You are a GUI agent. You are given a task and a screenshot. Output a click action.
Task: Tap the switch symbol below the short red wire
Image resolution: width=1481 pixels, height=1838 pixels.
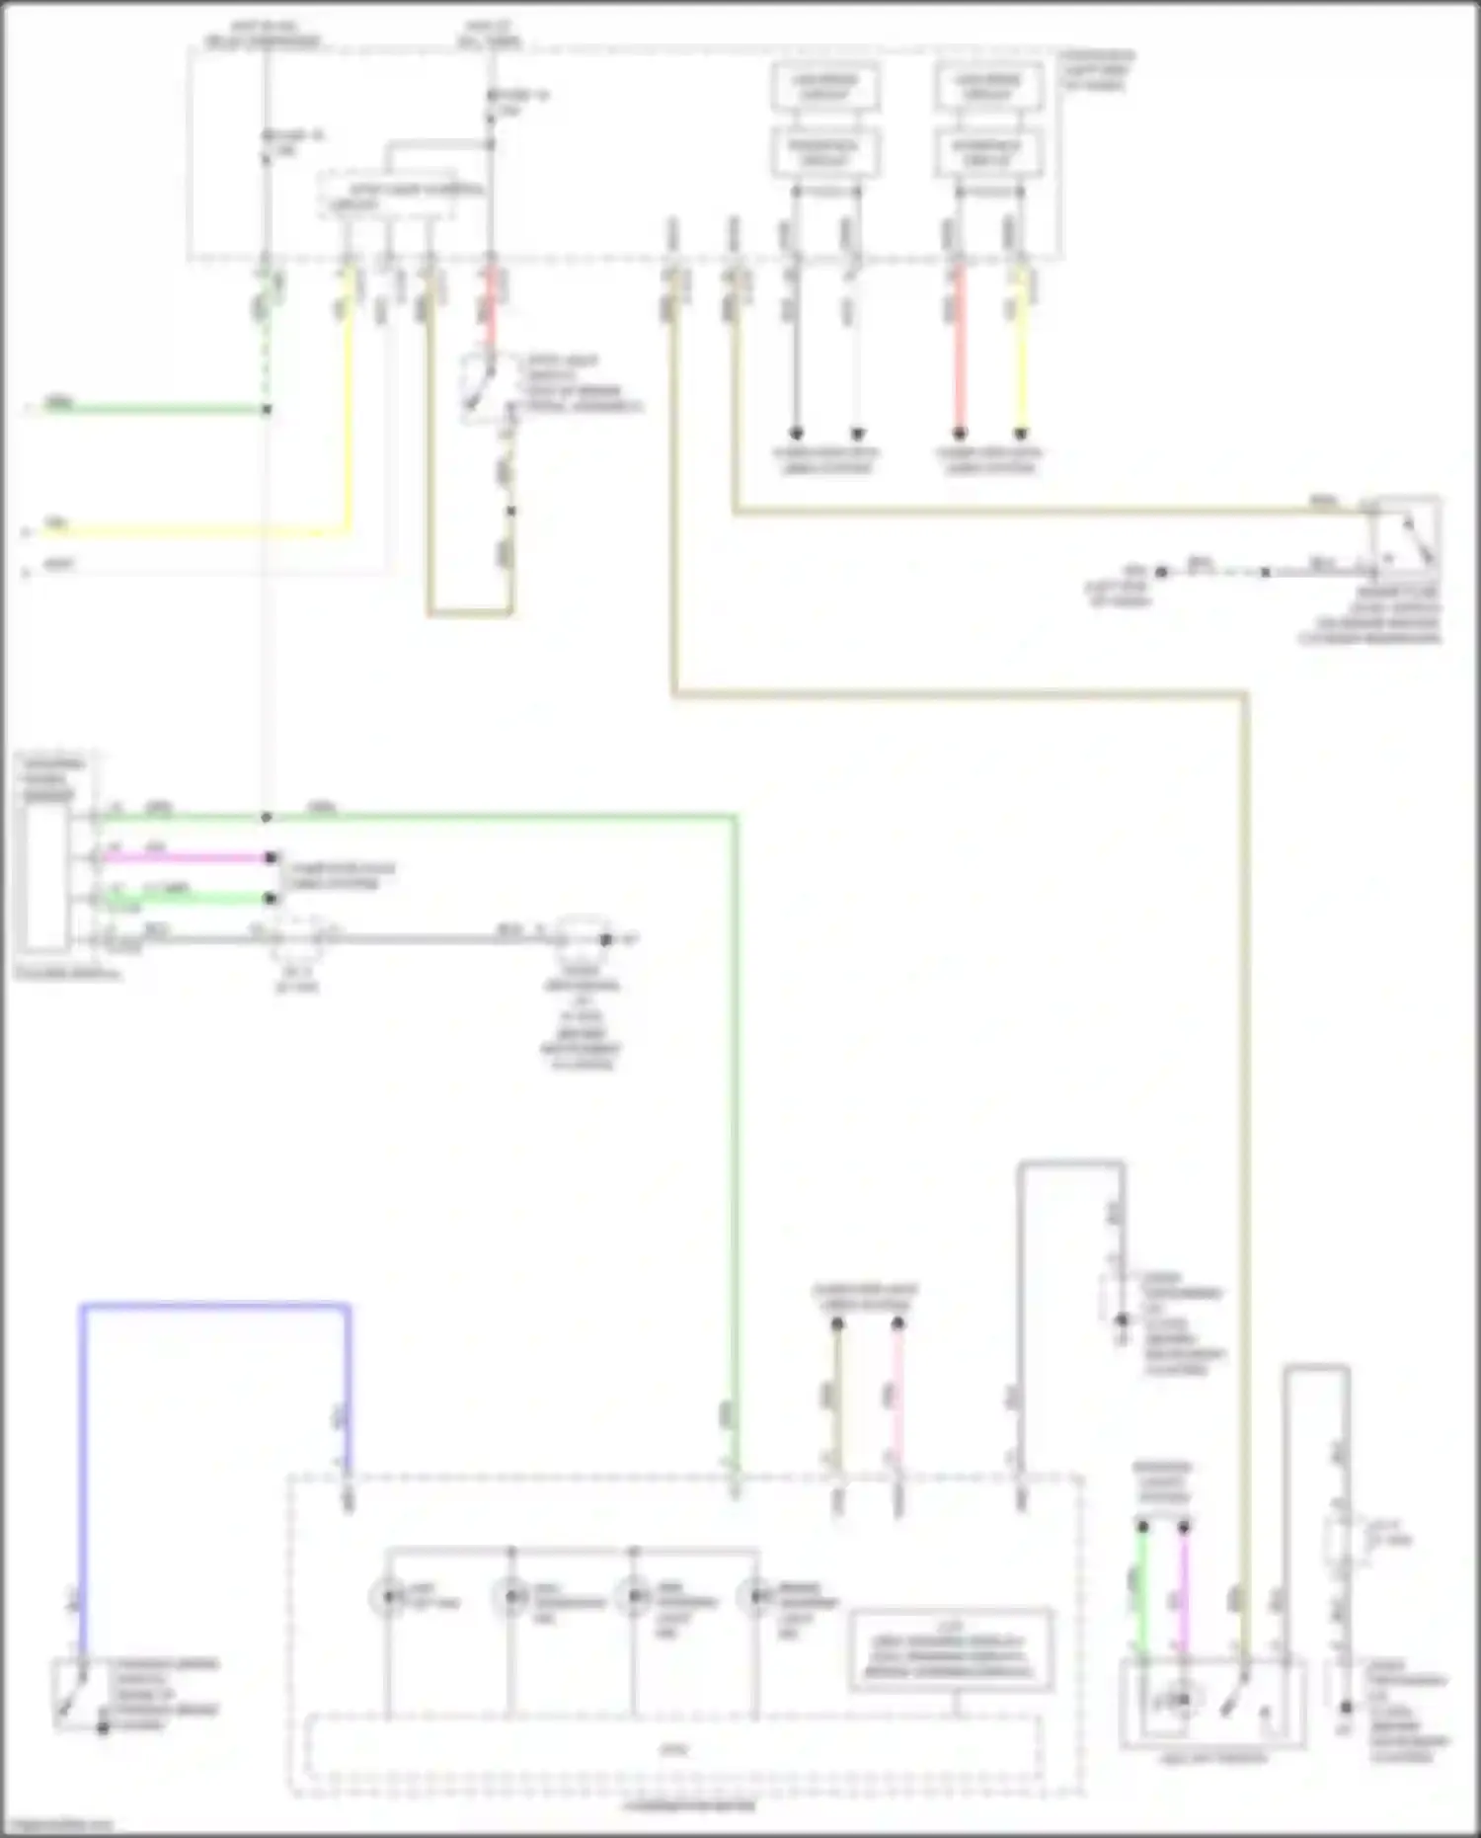click(484, 387)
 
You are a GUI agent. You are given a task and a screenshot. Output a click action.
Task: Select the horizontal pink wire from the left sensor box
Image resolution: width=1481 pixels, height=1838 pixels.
click(183, 857)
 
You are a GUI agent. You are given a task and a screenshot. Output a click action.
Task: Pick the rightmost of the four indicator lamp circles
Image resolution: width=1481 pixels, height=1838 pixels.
click(757, 1597)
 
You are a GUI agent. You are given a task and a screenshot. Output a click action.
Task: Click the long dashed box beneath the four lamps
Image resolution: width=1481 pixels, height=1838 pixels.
click(671, 1748)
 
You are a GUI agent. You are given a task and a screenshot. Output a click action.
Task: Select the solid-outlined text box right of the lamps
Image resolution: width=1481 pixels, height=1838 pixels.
click(950, 1650)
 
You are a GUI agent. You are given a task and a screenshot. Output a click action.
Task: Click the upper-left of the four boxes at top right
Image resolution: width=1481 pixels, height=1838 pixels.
click(825, 87)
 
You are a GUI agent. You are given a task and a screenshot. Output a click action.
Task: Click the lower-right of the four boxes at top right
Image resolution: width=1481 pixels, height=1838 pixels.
click(988, 152)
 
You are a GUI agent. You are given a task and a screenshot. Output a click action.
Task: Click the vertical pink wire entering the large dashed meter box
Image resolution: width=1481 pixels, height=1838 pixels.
click(897, 1393)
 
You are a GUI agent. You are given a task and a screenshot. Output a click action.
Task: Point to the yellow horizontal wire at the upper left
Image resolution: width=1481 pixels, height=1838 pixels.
click(188, 533)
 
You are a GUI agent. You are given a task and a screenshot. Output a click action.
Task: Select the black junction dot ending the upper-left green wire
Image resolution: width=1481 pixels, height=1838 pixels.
click(267, 409)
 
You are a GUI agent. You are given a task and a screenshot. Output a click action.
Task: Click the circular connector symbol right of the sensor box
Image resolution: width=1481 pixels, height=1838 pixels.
click(583, 939)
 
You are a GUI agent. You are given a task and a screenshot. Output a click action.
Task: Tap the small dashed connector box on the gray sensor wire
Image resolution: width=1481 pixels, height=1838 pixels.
click(298, 938)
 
